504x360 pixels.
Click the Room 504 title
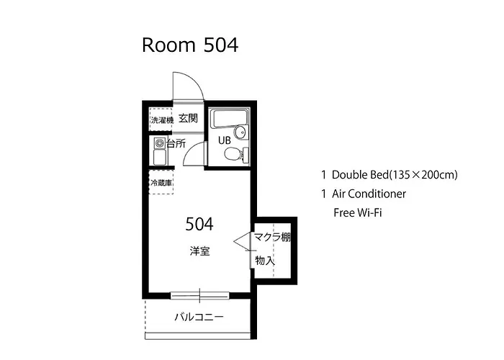190,45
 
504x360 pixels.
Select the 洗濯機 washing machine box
161,120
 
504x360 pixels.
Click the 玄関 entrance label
188,118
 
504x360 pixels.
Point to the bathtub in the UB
230,119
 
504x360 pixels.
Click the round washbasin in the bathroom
240,132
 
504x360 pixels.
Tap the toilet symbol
237,154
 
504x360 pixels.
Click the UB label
225,140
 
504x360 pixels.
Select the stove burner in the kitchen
160,143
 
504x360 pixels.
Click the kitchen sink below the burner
160,157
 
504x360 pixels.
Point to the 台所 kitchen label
176,143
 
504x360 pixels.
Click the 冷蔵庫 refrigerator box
161,183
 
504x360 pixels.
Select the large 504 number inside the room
199,224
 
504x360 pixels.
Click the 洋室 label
199,251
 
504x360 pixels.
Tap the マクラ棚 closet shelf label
273,237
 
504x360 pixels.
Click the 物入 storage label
265,261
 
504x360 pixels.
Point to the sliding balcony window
199,295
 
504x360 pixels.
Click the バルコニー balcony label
199,318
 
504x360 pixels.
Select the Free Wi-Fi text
358,213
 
